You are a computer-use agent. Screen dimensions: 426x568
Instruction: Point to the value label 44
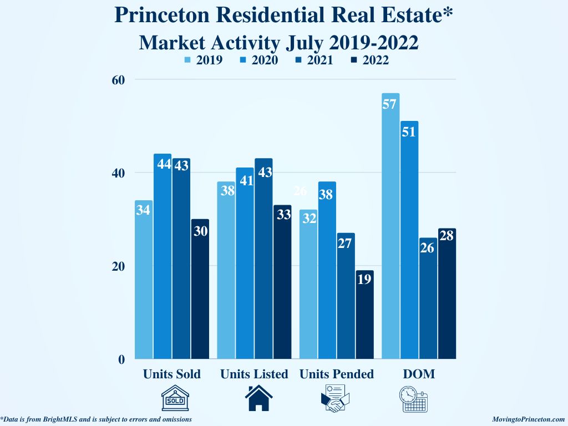point(163,164)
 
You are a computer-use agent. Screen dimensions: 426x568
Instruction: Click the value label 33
point(283,215)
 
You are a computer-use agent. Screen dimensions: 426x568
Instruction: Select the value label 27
point(345,243)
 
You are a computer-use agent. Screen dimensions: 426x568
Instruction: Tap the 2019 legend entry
point(205,60)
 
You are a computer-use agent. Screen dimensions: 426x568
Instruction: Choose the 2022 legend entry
point(370,60)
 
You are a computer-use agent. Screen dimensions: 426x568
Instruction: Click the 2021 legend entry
point(315,60)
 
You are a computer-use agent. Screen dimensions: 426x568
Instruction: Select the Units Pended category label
point(337,374)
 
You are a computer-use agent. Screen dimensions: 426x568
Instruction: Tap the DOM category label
point(418,374)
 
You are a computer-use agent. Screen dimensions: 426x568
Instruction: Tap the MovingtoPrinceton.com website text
point(528,419)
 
